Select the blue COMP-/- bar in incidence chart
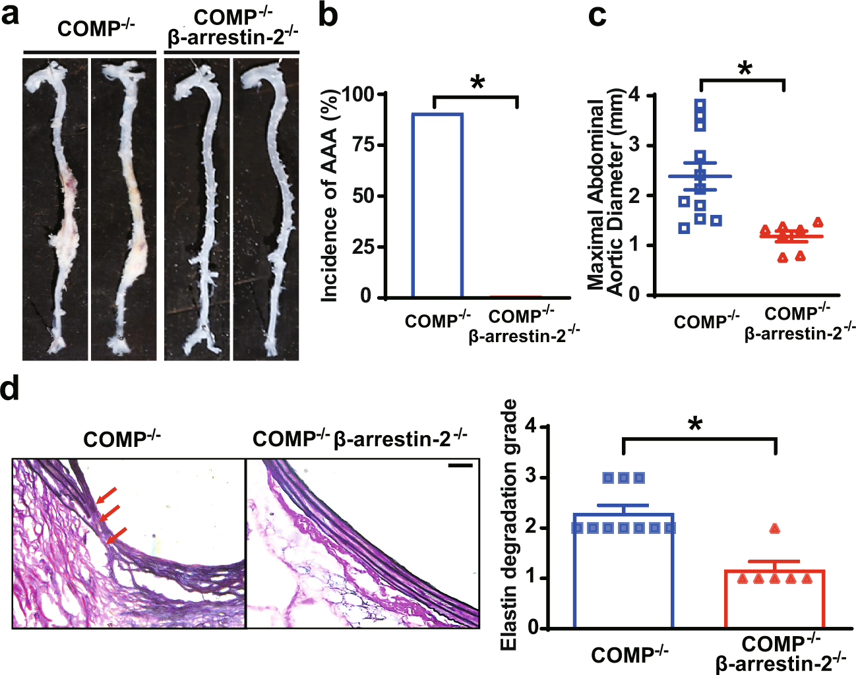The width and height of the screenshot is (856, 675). pos(437,205)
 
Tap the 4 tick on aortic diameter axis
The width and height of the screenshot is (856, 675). pos(634,96)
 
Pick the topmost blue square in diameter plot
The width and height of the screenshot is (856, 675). pos(700,104)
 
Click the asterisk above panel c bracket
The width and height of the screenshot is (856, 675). pos(745,69)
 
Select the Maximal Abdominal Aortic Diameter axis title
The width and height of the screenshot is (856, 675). pos(605,194)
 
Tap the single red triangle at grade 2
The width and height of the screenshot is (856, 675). pos(775,529)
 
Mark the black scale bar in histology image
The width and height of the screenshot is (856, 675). pos(460,466)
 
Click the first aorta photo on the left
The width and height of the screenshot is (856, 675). pos(55,209)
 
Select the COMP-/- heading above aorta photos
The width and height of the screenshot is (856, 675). pos(96,28)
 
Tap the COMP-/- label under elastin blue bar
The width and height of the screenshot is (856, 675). pos(629,655)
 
